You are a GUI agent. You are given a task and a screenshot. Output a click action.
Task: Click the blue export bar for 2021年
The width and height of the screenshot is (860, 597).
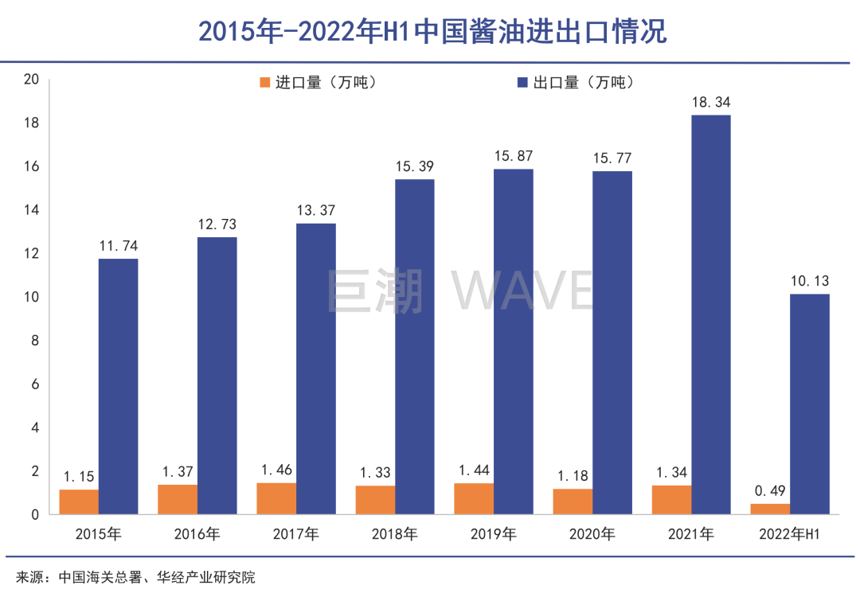711,314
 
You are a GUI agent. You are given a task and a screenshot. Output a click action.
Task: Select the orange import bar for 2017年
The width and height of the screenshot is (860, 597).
276,498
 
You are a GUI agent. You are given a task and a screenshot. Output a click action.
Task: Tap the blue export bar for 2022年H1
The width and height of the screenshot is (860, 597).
810,404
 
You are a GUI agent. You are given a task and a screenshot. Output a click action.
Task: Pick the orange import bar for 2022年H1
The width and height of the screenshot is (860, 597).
770,509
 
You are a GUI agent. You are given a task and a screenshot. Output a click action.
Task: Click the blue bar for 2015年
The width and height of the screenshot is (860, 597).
118,386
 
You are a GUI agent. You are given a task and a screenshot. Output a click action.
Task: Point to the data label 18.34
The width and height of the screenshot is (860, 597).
711,103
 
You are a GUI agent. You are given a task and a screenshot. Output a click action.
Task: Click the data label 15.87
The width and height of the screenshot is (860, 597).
514,157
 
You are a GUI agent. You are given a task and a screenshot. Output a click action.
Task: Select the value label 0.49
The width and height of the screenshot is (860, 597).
770,491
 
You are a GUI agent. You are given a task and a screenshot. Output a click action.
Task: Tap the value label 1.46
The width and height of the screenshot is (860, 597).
276,470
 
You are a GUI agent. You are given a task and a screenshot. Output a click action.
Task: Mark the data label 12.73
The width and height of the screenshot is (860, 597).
217,224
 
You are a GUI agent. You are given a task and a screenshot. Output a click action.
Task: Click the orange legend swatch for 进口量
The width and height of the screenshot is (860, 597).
265,82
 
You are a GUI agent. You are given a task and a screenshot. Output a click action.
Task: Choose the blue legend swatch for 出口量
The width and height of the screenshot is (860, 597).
523,82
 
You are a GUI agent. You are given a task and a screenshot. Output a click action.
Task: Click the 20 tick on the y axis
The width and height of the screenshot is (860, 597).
32,80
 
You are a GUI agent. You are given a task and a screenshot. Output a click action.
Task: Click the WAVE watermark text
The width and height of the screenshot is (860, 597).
523,291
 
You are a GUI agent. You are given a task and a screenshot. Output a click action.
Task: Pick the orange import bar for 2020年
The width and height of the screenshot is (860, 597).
573,501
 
